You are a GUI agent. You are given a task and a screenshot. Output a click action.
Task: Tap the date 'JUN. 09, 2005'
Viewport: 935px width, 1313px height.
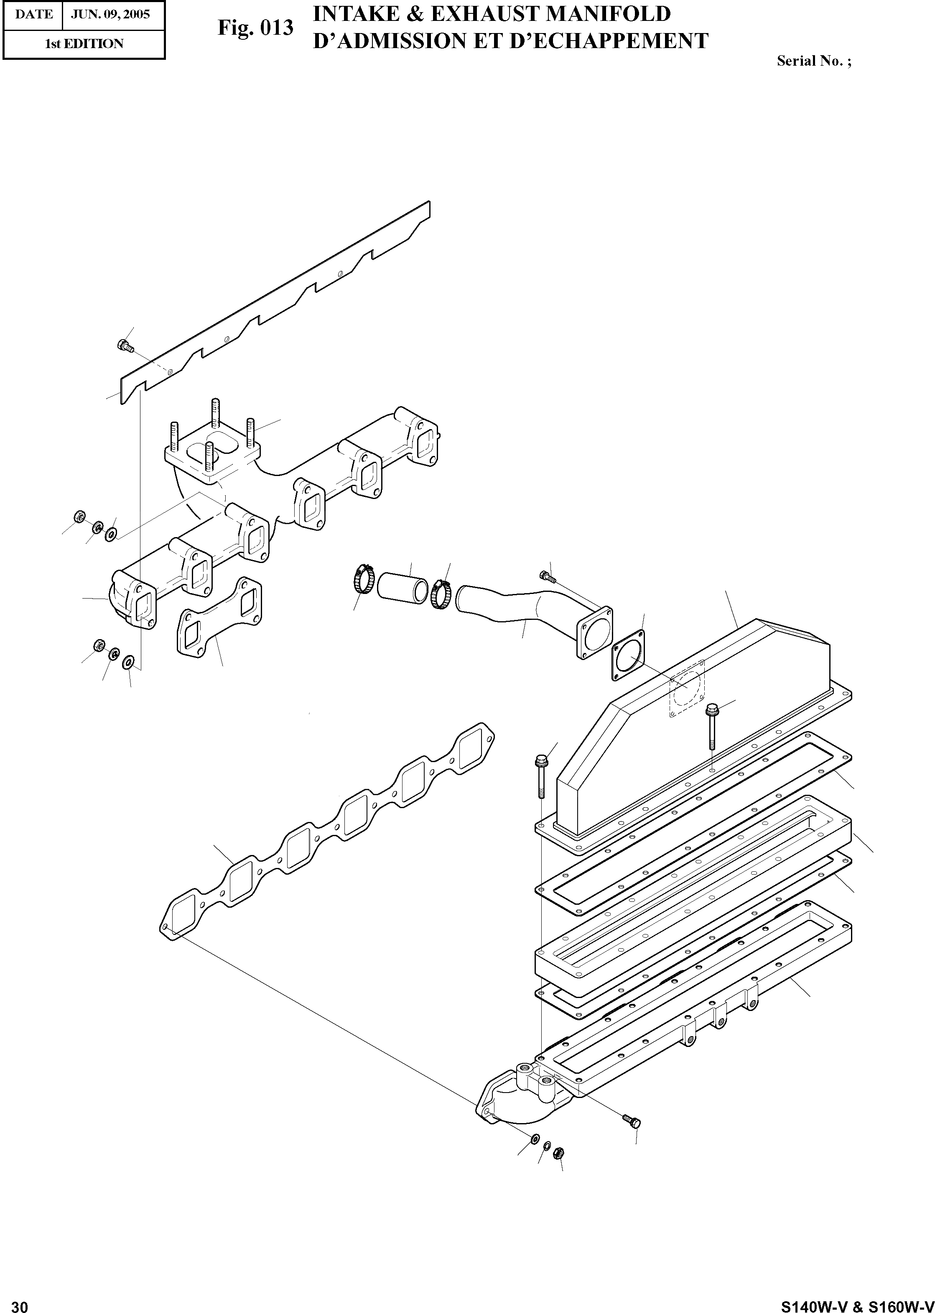click(110, 14)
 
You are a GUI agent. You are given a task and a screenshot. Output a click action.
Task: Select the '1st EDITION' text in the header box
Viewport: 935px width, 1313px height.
click(84, 44)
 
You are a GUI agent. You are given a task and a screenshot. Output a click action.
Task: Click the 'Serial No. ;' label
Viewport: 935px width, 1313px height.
click(813, 61)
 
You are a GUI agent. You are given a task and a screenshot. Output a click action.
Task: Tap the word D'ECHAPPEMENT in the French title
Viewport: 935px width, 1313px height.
click(599, 41)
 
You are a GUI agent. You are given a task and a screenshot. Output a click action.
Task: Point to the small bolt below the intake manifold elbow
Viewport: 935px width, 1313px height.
click(632, 1121)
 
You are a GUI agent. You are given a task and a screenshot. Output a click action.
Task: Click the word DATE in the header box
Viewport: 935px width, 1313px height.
click(33, 14)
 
